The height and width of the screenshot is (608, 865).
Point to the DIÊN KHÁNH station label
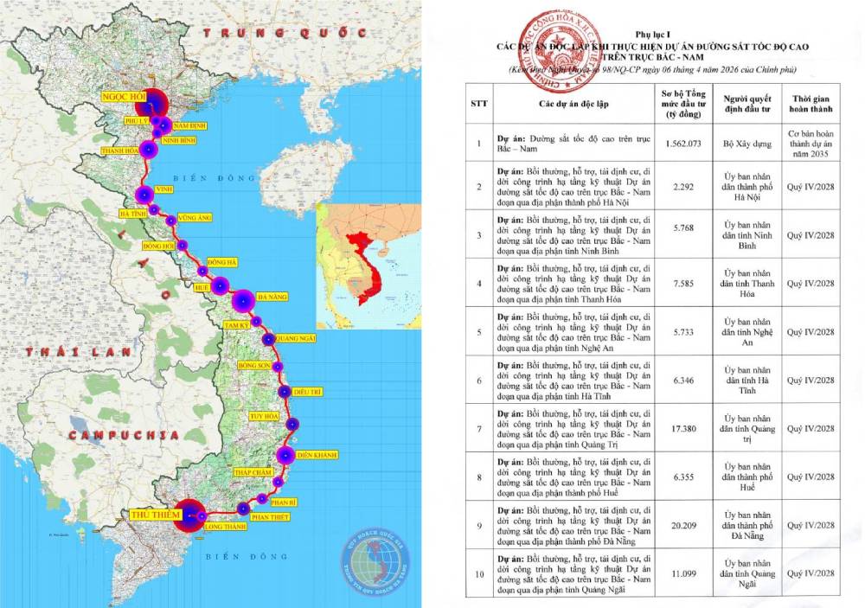317,454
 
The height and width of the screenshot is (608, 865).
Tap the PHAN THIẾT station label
274,516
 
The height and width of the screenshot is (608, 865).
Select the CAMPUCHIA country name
119,435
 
